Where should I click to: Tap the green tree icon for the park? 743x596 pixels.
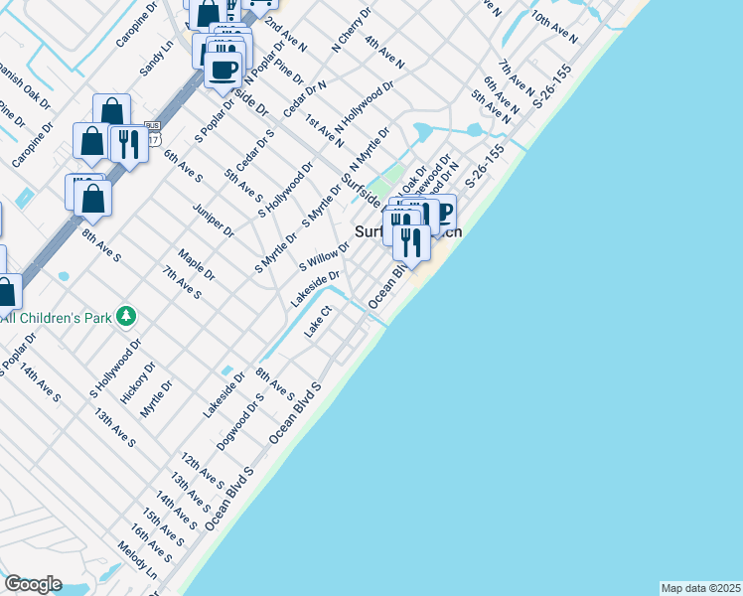click(126, 316)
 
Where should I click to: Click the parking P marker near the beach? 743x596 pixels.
click(440, 213)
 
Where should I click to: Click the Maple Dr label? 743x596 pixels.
click(197, 265)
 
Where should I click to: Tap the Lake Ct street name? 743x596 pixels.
click(317, 322)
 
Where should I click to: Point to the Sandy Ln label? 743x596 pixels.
click(157, 59)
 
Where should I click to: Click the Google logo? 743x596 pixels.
click(33, 584)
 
